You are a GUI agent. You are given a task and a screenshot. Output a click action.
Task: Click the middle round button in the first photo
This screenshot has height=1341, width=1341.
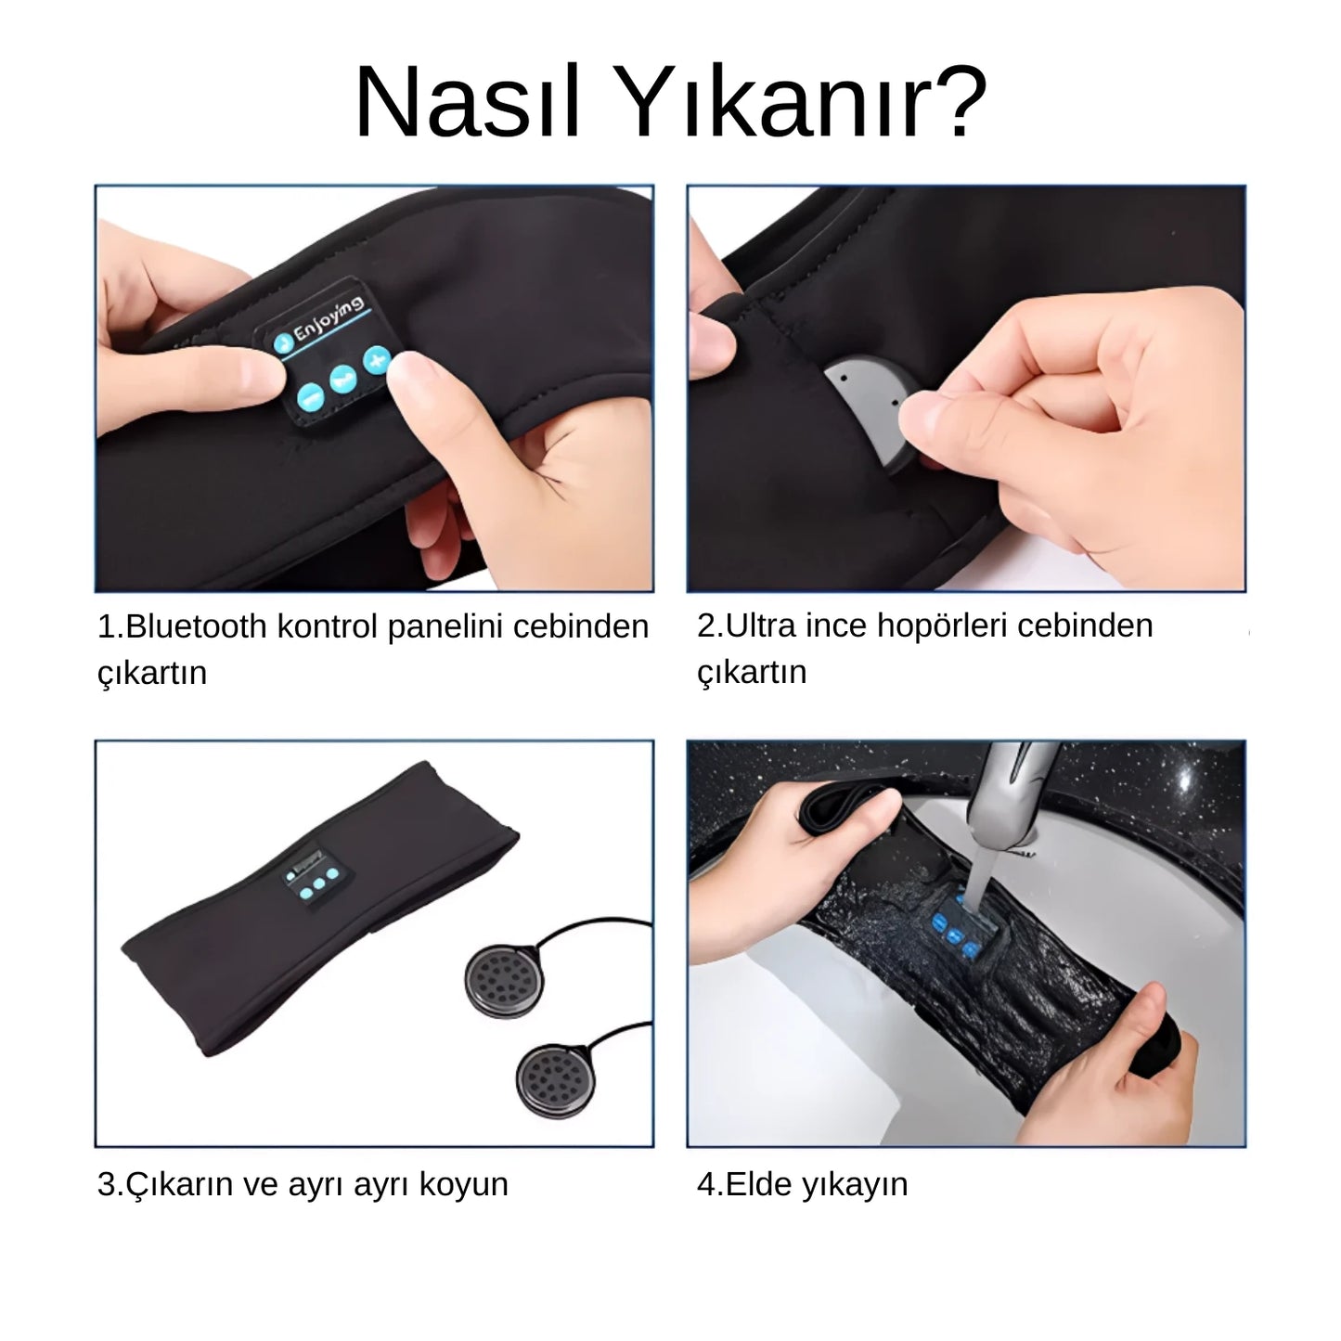pyautogui.click(x=340, y=380)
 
